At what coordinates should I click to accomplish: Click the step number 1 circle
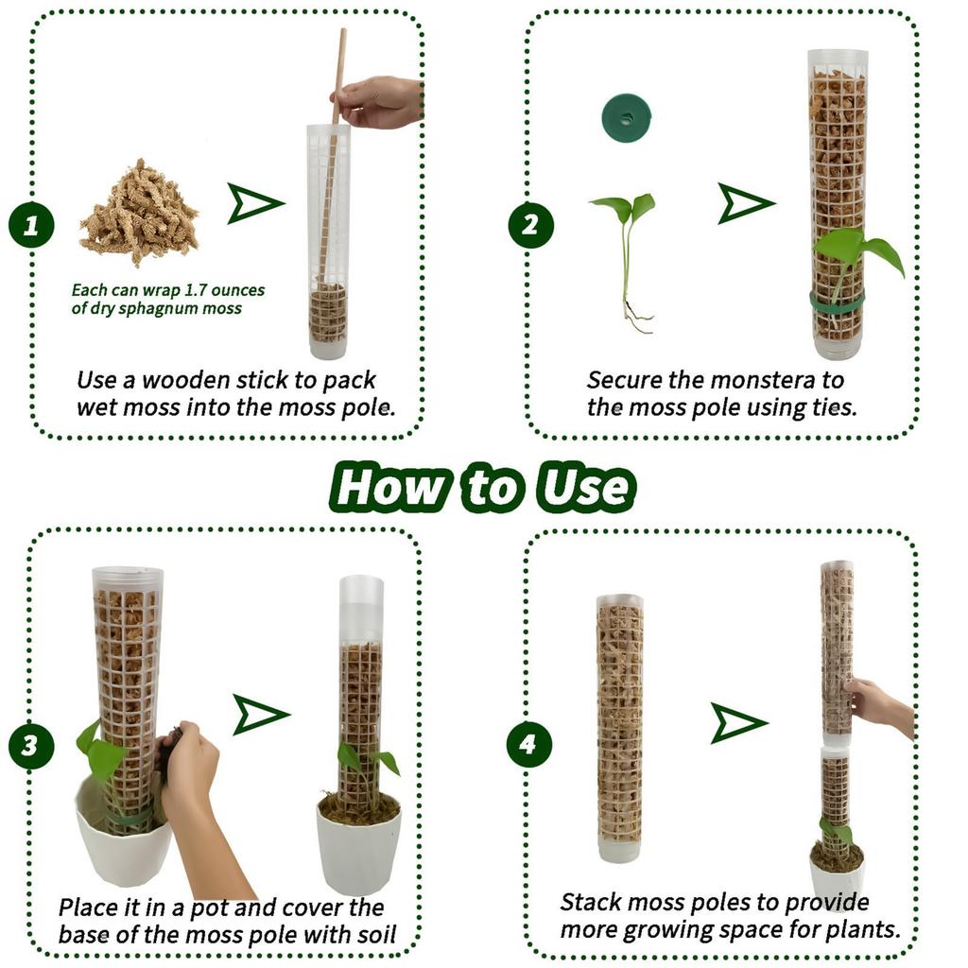(x=31, y=226)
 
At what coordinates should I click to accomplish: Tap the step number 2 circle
(x=529, y=225)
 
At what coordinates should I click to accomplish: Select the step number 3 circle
(x=31, y=746)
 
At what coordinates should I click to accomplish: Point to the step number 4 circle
(x=528, y=745)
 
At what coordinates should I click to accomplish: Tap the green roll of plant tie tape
(x=626, y=118)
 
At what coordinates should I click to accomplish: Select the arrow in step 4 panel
(x=737, y=723)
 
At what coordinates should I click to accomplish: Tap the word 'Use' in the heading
(x=583, y=487)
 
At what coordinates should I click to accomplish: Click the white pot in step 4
(x=836, y=880)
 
